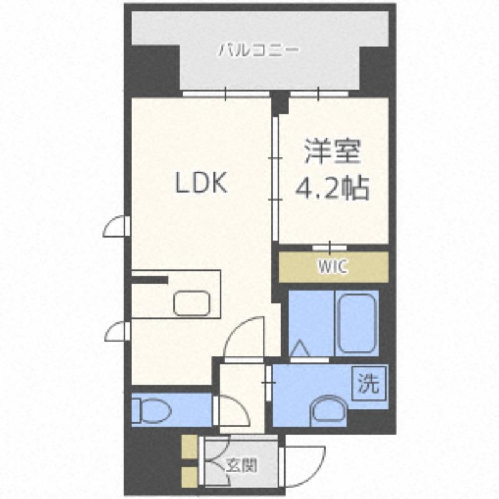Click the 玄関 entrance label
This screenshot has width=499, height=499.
241,465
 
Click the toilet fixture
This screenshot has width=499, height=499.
152,409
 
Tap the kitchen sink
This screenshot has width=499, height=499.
193,303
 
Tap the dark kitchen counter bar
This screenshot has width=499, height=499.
150,279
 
